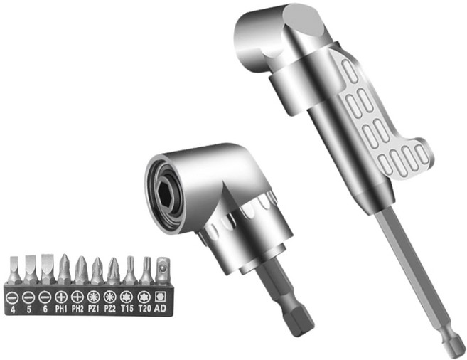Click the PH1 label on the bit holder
tap(61, 309)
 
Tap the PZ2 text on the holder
tap(110, 309)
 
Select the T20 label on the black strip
tap(144, 309)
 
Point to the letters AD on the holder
tap(160, 308)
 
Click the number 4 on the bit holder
tap(13, 309)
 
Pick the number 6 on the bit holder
tap(45, 309)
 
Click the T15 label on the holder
tap(127, 309)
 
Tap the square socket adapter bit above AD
tap(163, 271)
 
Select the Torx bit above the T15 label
tap(130, 270)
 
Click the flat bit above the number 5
tap(30, 270)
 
